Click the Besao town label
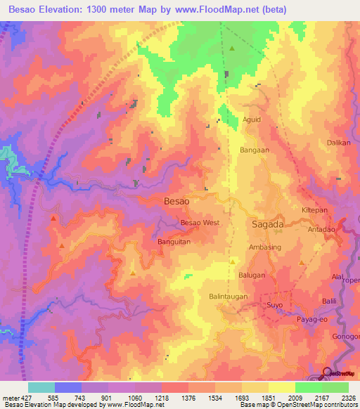(176, 201)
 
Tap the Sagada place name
(267, 224)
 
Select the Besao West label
(200, 223)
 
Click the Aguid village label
(252, 119)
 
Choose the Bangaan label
(255, 150)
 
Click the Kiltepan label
(316, 210)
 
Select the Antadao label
(323, 230)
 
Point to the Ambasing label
(264, 248)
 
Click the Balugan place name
(262, 275)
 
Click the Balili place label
(330, 301)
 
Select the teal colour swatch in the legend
(41, 387)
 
